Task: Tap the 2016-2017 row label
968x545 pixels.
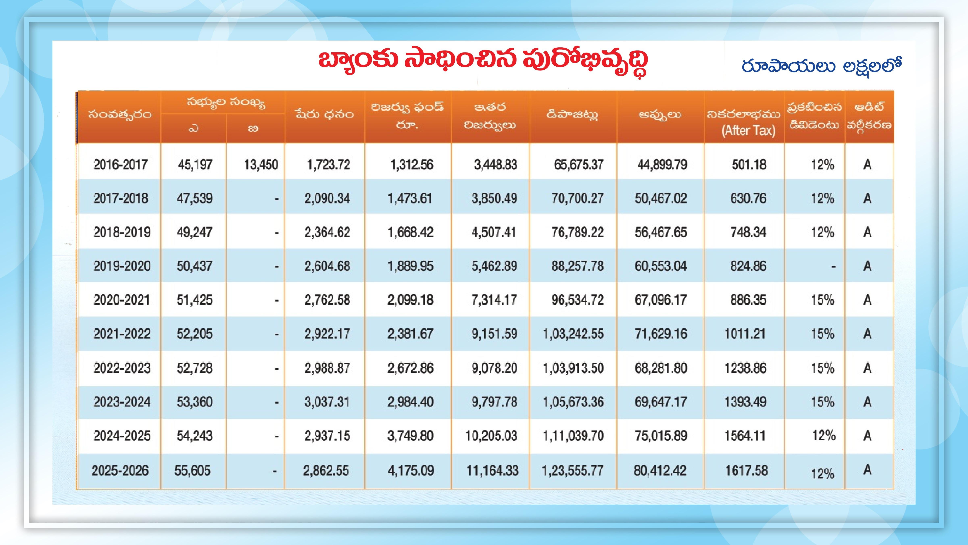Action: coord(121,164)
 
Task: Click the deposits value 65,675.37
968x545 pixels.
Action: coord(579,164)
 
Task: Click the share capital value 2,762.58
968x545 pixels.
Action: coord(327,300)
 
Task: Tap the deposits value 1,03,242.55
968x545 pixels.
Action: coord(573,334)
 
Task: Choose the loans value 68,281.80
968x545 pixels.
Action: coord(661,368)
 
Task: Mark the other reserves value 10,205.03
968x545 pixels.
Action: coord(491,436)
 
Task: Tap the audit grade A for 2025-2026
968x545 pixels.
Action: coord(867,469)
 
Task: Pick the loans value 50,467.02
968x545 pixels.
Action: coord(661,198)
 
